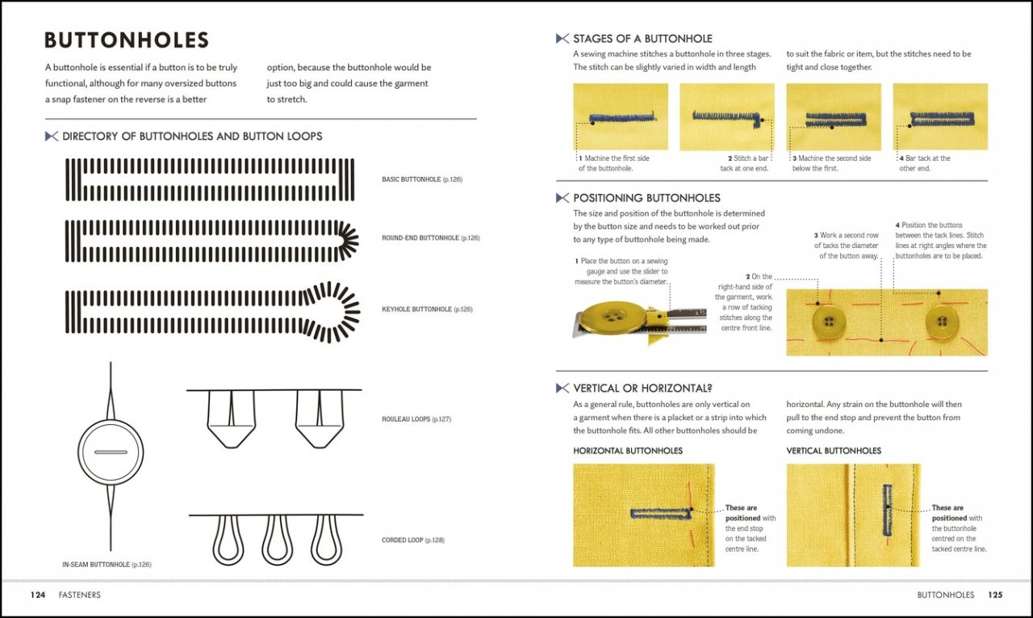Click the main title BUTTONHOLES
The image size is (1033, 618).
[127, 40]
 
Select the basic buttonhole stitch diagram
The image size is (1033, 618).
[209, 179]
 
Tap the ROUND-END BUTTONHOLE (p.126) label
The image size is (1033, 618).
[430, 238]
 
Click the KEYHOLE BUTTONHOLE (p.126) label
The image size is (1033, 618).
[427, 309]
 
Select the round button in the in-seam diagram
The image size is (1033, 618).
[111, 452]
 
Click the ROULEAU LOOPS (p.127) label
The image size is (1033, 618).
[416, 419]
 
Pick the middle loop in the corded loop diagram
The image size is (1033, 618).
[277, 540]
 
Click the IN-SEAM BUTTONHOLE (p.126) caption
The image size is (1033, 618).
[107, 565]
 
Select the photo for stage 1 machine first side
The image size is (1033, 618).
[620, 116]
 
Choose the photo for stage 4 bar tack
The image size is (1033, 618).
[940, 116]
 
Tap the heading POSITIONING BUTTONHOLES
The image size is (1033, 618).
[646, 198]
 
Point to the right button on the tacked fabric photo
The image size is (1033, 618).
[942, 322]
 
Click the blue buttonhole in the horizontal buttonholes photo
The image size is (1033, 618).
[661, 512]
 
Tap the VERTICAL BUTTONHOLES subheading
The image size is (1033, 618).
[834, 451]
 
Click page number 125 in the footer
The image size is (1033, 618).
[994, 595]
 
